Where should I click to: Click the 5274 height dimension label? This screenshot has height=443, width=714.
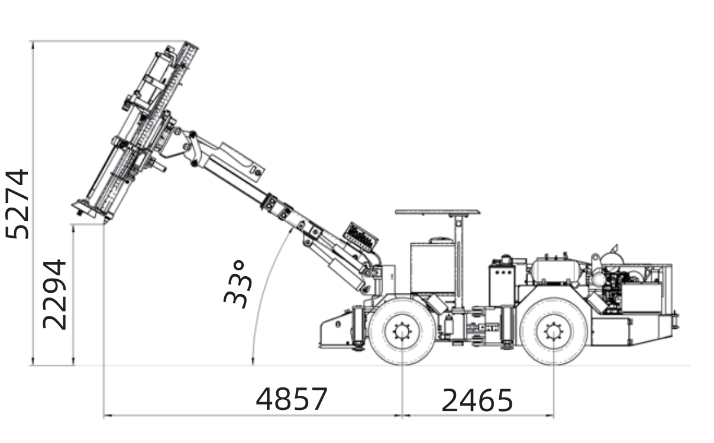coord(18,204)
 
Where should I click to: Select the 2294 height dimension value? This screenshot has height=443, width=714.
coord(54,295)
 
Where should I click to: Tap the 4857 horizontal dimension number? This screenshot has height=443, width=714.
coord(292,399)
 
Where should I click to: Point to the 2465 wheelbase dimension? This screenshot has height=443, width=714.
coord(477,400)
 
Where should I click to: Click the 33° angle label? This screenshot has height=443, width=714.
coord(238,284)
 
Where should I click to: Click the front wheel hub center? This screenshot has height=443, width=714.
coord(402,331)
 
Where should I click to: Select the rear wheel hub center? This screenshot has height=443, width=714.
coord(554,331)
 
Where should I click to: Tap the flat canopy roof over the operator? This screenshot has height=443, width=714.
coord(438,212)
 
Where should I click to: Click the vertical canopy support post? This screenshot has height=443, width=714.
coord(458,261)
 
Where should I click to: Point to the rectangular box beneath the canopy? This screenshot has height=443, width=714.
coord(432,268)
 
